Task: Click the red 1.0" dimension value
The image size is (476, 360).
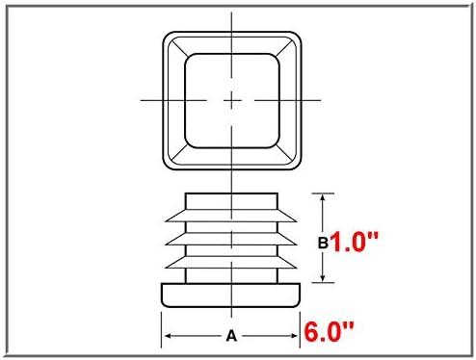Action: pyautogui.click(x=354, y=242)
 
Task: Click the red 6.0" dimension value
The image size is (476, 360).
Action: pyautogui.click(x=329, y=331)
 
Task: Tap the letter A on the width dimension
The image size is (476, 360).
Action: pyautogui.click(x=231, y=336)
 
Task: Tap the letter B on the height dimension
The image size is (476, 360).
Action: pyautogui.click(x=323, y=243)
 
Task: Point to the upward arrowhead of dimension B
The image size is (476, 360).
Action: pyautogui.click(x=323, y=198)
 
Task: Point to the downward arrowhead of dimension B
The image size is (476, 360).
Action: pyautogui.click(x=323, y=278)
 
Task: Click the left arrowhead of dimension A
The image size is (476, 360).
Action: pyautogui.click(x=169, y=336)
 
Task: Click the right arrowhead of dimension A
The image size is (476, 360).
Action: pyautogui.click(x=293, y=336)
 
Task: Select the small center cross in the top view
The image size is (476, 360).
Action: pyautogui.click(x=232, y=101)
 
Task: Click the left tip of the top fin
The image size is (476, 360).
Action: pyautogui.click(x=166, y=221)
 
